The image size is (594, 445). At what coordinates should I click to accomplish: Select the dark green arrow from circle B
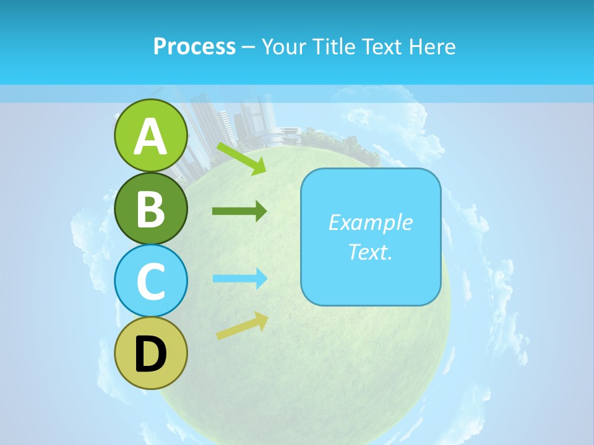pos(239,211)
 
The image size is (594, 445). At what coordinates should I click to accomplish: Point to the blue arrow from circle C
pos(240,278)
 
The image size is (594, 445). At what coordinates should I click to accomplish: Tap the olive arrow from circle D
pos(242,326)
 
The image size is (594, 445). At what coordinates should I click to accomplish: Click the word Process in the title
pos(194,46)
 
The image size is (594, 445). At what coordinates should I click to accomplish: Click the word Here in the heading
pos(433,46)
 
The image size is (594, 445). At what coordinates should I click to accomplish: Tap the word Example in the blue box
pos(370,222)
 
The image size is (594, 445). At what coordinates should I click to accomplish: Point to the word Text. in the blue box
pos(370,252)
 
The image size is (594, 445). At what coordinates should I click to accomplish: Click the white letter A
pos(151,137)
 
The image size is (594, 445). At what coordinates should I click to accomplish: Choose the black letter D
pos(151,354)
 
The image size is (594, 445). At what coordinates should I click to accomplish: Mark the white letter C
pos(151,281)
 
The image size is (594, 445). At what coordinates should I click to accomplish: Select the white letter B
pos(151,209)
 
